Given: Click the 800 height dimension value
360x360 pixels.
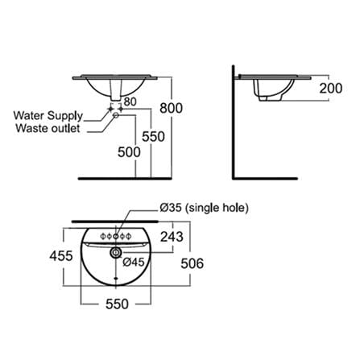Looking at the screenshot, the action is click(171, 108).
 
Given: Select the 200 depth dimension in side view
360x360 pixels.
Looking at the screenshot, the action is click(331, 88).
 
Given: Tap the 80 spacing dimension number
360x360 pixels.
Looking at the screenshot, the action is click(130, 101).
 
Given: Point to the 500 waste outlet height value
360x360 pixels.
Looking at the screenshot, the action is click(129, 152).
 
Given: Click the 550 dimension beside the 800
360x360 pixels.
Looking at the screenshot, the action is click(153, 136).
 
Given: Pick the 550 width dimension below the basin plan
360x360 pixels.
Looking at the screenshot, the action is click(117, 304).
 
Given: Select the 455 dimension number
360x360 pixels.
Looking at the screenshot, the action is click(61, 256).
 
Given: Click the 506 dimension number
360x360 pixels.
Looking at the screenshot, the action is click(192, 263).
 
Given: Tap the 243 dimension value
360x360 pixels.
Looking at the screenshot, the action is click(172, 237).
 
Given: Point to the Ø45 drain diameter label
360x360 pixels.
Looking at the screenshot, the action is click(134, 262).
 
